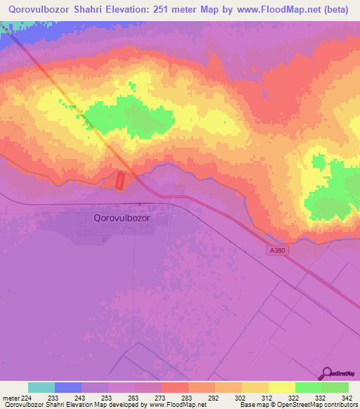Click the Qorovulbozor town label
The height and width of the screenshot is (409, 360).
(122, 218)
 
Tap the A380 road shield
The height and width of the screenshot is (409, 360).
(276, 249)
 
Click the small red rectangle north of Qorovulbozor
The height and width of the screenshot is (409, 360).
(120, 181)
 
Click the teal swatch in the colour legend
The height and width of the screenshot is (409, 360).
(41, 387)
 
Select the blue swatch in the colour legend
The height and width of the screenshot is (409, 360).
(68, 387)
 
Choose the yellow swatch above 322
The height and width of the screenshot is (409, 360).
(281, 387)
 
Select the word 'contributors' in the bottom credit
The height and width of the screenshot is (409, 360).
(340, 405)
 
